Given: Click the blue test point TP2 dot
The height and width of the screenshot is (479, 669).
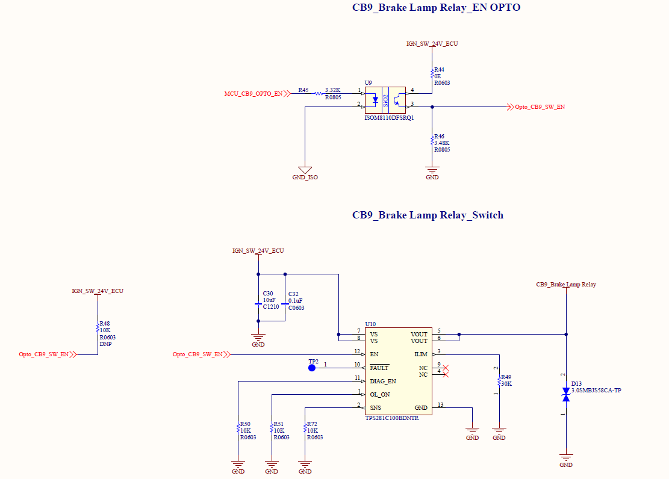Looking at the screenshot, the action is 312,368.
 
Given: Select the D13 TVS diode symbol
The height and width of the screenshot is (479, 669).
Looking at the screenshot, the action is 566,395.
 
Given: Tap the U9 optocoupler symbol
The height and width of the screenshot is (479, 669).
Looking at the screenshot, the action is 385,100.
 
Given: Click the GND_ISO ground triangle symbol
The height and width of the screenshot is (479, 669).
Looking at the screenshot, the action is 305,170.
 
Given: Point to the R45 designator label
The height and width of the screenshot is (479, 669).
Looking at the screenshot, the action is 303,90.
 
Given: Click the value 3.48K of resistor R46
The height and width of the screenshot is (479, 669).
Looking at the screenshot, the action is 442,143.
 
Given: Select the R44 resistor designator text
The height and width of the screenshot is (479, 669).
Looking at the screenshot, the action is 439,70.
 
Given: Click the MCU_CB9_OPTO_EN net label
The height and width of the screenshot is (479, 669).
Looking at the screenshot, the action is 254,93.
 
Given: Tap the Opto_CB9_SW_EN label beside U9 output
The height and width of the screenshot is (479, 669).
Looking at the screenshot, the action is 540,107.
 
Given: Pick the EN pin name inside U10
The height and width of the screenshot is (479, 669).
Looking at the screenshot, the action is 374,354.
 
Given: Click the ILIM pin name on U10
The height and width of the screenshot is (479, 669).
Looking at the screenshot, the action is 421,354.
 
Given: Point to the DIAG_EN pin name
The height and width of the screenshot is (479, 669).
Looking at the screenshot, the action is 383,381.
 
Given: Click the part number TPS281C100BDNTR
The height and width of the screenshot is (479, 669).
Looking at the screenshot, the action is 392,418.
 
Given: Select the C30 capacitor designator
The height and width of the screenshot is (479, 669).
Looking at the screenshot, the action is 268,294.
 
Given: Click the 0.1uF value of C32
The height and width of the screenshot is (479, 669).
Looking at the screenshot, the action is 295,301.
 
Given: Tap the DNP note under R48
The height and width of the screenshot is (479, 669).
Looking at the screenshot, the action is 105,344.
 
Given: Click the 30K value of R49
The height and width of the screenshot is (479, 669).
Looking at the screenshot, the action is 506,383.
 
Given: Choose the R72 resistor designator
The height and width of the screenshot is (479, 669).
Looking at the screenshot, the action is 312,424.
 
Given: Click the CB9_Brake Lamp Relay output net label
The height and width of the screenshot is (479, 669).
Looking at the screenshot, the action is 566,285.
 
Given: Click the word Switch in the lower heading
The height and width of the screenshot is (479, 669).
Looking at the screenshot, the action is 488,215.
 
